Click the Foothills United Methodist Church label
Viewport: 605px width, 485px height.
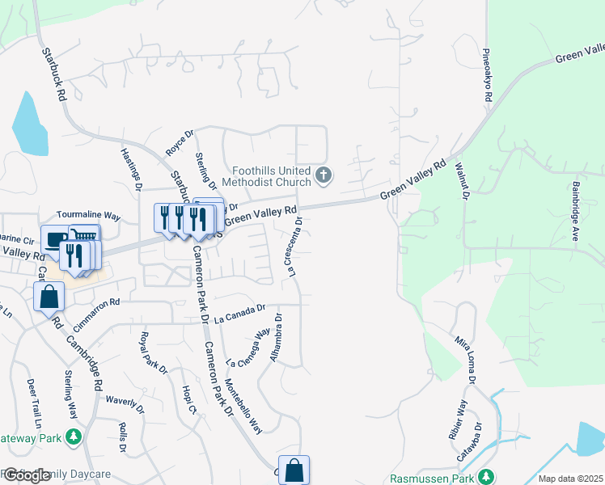click(x=270, y=176)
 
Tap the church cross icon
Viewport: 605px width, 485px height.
click(x=323, y=175)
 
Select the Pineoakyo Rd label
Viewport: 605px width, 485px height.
click(x=488, y=74)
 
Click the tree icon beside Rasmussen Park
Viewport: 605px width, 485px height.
click(x=485, y=476)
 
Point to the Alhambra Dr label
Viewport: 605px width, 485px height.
click(x=277, y=337)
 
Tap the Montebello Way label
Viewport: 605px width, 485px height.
click(x=243, y=406)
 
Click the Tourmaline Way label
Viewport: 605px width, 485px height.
click(x=88, y=217)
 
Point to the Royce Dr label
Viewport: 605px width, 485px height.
click(x=180, y=142)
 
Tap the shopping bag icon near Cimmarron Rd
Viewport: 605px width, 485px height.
click(x=49, y=296)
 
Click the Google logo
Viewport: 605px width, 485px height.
click(x=27, y=475)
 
